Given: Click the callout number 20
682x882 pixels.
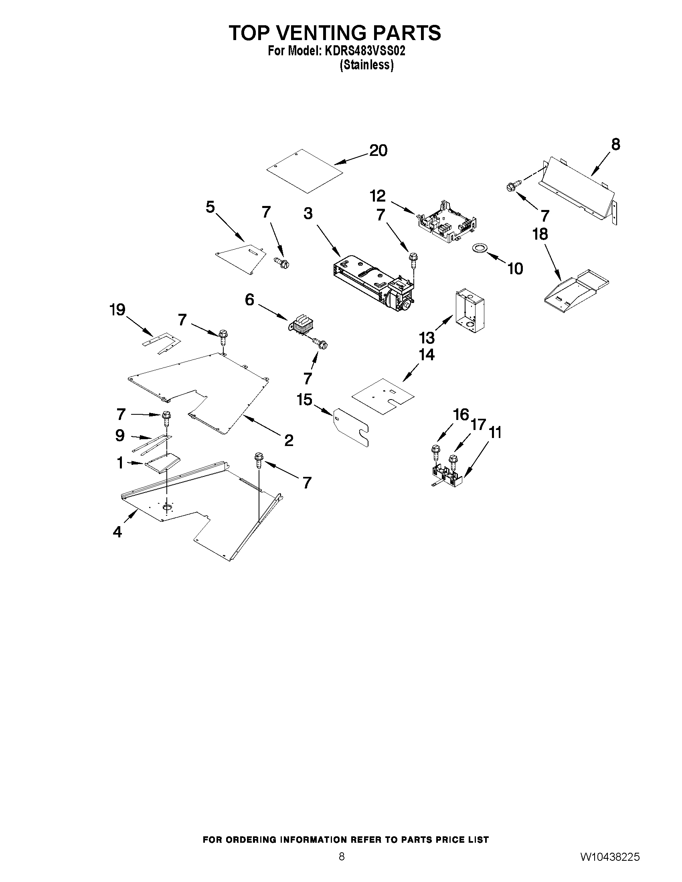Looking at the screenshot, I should tap(378, 151).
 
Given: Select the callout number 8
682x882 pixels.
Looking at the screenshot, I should tap(615, 144).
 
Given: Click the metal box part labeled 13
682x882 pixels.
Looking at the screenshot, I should tap(470, 310).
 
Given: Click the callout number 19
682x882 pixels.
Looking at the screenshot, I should tap(117, 310).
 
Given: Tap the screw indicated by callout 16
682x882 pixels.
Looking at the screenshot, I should tap(435, 452).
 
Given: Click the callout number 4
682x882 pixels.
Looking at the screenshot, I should tap(117, 532).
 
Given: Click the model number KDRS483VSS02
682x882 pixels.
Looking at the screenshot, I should tap(362, 51).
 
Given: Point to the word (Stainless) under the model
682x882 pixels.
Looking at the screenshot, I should tap(366, 65).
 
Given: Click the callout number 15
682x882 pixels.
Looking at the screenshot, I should tap(305, 400).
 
